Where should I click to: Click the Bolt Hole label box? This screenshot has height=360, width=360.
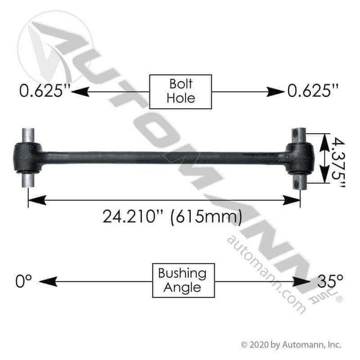tap(180, 92)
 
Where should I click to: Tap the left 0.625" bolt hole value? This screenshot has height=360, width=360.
tap(43, 92)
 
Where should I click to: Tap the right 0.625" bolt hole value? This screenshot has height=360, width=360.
tap(314, 92)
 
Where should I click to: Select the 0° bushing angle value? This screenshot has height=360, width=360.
tap(24, 281)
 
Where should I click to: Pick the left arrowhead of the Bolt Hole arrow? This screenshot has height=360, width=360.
tap(77, 92)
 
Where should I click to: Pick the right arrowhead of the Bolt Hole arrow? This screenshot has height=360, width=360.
tap(278, 92)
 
